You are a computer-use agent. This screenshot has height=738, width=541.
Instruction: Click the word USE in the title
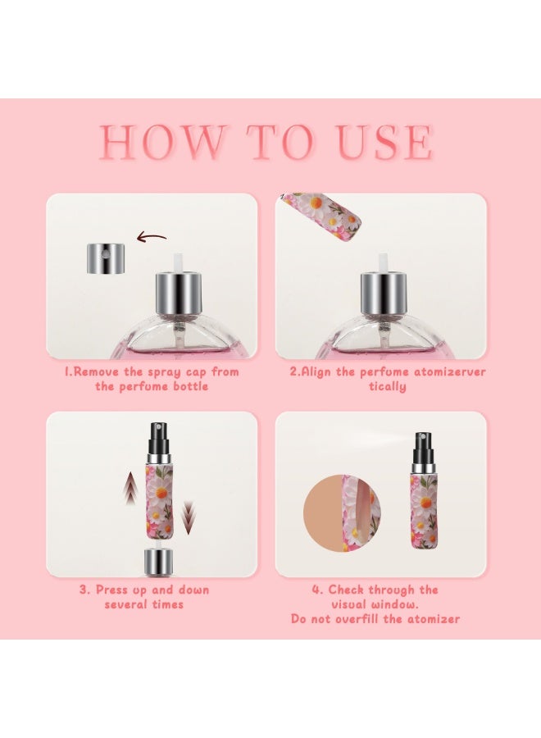click(x=386, y=143)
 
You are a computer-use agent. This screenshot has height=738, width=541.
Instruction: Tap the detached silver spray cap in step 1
click(x=106, y=257)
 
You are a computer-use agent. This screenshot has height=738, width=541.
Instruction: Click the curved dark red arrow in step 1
click(x=152, y=239)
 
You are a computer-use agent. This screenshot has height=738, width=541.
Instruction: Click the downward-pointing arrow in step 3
click(x=189, y=517)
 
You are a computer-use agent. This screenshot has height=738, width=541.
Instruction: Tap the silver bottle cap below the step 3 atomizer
click(x=157, y=563)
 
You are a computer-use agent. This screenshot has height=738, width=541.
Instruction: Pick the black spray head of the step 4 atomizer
click(x=424, y=447)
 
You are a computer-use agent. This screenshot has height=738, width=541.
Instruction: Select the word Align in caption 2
click(x=314, y=371)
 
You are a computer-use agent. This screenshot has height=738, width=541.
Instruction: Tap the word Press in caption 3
click(x=114, y=590)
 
